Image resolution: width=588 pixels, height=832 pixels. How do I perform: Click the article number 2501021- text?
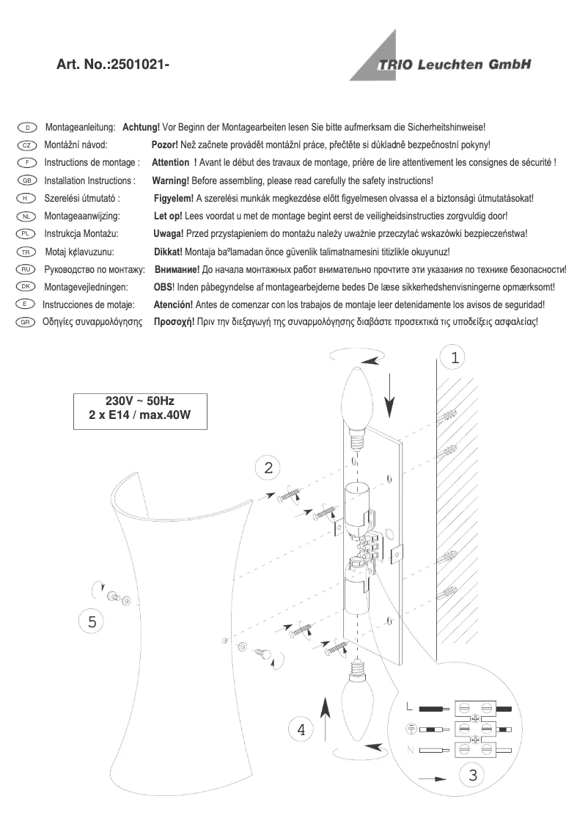[x=113, y=65]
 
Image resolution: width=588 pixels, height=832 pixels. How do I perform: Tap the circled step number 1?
[x=455, y=358]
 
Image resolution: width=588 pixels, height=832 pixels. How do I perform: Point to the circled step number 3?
[x=473, y=775]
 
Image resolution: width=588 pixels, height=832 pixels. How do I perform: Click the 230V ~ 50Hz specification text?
[x=140, y=401]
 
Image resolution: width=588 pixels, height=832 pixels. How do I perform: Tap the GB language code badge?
[x=25, y=180]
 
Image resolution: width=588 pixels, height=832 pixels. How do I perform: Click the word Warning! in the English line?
[x=170, y=180]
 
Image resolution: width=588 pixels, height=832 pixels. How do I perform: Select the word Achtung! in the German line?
[x=141, y=128]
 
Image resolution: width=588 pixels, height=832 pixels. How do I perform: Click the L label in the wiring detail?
[x=410, y=708]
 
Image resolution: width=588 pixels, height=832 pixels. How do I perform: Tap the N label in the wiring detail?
[x=410, y=750]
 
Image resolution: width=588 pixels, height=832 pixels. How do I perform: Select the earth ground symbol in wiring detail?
[x=411, y=729]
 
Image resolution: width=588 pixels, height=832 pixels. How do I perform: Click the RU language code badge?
[x=25, y=269]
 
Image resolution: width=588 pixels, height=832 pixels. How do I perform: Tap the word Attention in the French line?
[x=169, y=163]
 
